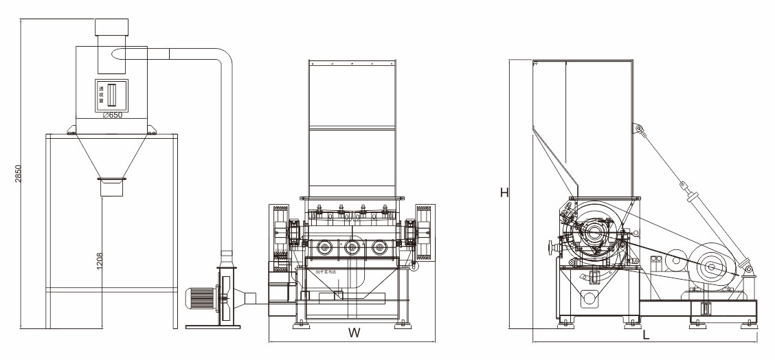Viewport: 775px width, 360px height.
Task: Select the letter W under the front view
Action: click(354, 334)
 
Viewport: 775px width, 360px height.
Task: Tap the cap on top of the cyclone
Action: click(111, 26)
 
